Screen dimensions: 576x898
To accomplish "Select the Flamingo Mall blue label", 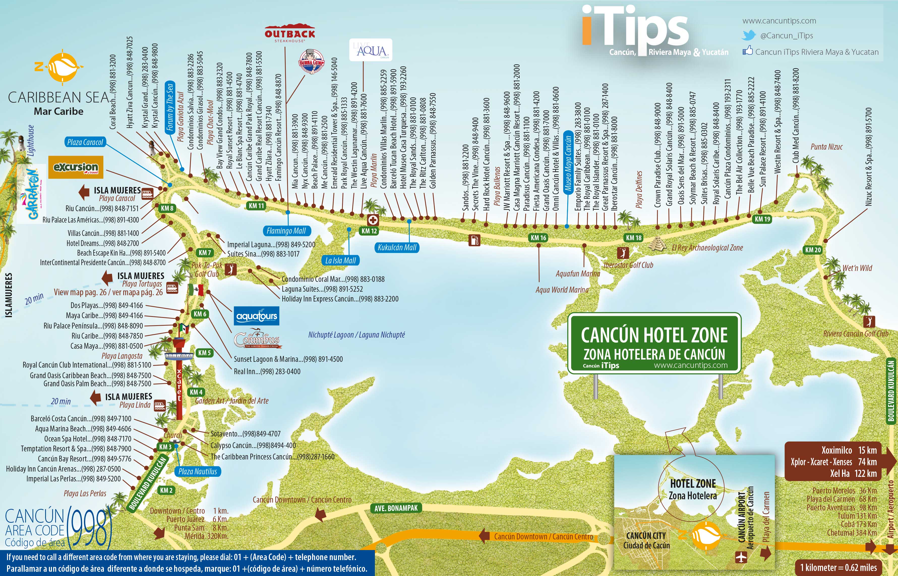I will (x=286, y=231).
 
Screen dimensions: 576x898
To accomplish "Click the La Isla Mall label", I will (x=340, y=260).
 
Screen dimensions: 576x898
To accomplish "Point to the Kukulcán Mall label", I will (x=397, y=247).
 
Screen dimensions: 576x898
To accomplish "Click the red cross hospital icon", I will (x=373, y=220).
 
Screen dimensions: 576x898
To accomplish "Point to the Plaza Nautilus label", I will (x=197, y=471).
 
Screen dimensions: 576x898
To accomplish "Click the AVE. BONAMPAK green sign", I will (x=396, y=508).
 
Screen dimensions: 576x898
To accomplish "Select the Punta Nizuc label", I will (x=826, y=147).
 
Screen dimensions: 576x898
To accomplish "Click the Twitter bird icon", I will (x=749, y=36).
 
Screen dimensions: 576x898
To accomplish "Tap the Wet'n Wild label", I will (x=857, y=268).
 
